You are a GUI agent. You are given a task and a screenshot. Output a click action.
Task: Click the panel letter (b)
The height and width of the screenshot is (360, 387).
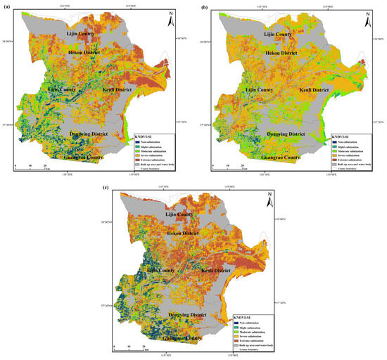pyautogui.click(x=204, y=6)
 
